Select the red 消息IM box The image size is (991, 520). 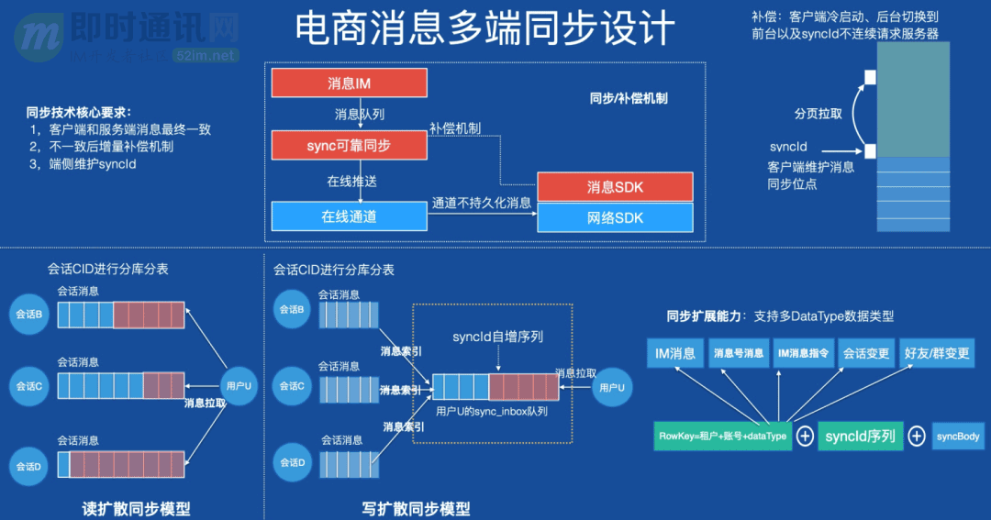pos(349,83)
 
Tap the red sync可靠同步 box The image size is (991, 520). pos(349,145)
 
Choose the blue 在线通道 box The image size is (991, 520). pos(349,216)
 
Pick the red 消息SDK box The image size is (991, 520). pos(615,187)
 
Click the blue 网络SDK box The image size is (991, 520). pos(615,217)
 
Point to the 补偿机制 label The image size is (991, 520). pos(455,128)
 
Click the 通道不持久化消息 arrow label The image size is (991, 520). pos(482,203)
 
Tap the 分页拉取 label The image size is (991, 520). pos(818,114)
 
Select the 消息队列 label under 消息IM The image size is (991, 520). pos(359,114)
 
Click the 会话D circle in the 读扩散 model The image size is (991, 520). pos(29,466)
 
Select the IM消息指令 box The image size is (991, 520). pos(804,353)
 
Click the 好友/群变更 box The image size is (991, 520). pos(936,353)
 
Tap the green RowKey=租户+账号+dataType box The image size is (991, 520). pos(722,437)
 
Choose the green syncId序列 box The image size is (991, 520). pos(860,437)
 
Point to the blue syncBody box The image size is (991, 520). pos(959,437)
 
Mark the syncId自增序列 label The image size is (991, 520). pos(497,337)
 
